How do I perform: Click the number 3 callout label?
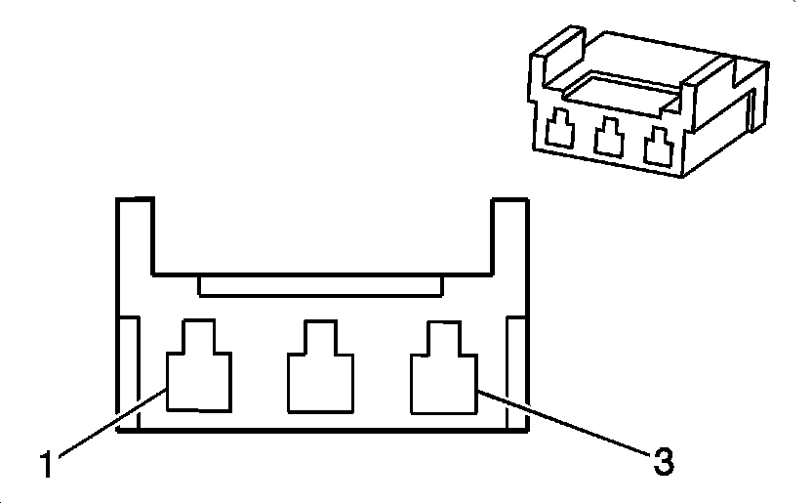point(663,460)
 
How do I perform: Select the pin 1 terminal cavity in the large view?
point(200,376)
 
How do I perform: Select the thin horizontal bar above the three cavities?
point(321,285)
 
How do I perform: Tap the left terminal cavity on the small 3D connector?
point(560,134)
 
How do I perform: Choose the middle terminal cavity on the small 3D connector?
point(611,139)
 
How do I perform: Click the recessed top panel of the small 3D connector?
point(625,90)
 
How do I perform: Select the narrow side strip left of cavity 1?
point(129,371)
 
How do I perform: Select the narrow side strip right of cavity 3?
point(515,371)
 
